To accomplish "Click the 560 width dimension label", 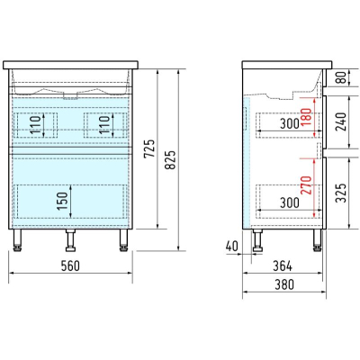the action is pyautogui.click(x=70, y=265).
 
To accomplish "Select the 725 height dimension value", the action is pyautogui.click(x=149, y=148).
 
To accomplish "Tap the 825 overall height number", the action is pyautogui.click(x=171, y=159).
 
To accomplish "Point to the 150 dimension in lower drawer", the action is pyautogui.click(x=62, y=201).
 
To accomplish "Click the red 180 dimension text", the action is pyautogui.click(x=307, y=117).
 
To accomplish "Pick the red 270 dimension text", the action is pyautogui.click(x=307, y=185).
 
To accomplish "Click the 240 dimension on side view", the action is pyautogui.click(x=340, y=121).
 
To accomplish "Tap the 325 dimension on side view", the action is pyautogui.click(x=340, y=193).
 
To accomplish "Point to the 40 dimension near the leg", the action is pyautogui.click(x=231, y=247).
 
